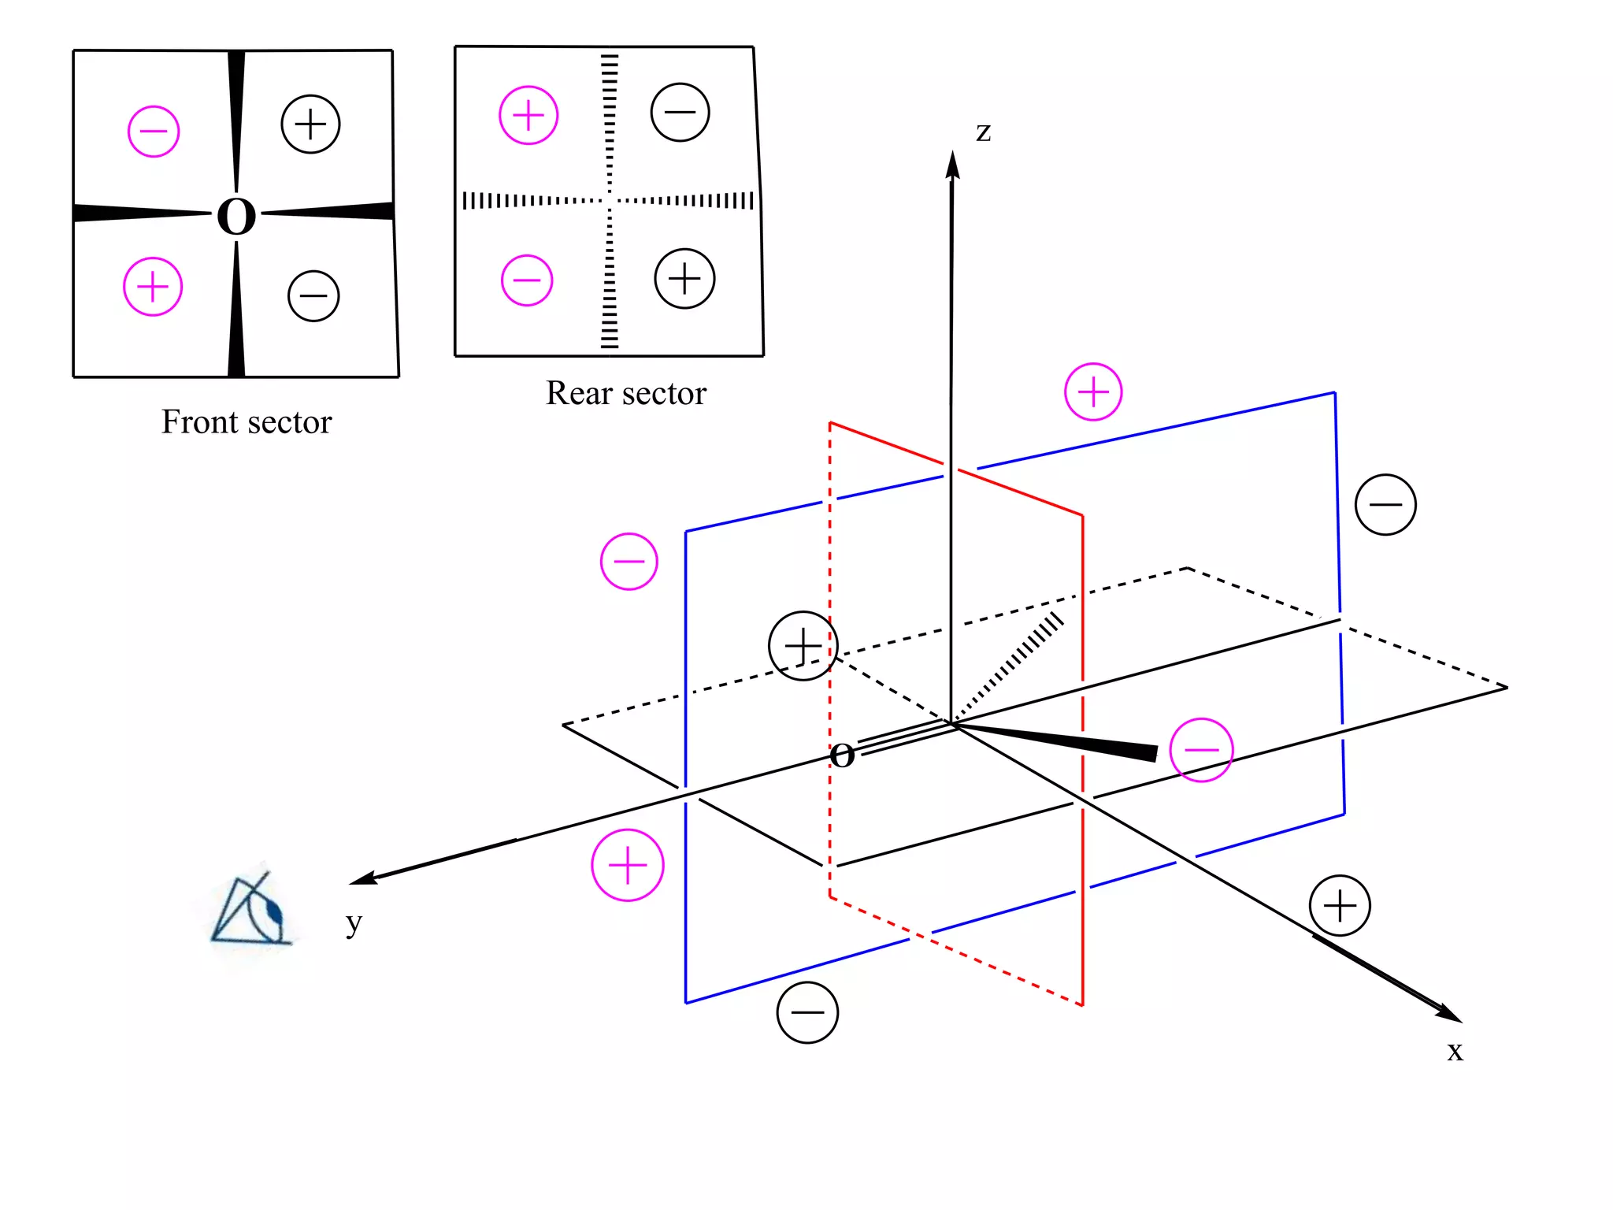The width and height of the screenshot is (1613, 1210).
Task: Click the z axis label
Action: coord(983,132)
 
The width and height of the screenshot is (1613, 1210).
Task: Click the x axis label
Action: coord(1455,1052)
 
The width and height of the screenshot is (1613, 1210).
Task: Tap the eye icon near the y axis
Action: coord(250,910)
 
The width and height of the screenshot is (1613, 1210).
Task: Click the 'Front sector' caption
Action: coord(247,422)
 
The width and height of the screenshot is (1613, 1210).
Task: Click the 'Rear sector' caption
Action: coord(626,393)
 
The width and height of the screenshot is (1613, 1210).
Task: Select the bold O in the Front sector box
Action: coord(236,216)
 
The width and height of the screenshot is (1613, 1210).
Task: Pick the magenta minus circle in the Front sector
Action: coord(154,132)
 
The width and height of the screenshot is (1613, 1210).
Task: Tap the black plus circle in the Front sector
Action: coord(310,124)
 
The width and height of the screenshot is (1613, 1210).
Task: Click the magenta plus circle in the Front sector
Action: coord(153,287)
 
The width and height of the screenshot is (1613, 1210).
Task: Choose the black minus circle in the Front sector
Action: coord(313,296)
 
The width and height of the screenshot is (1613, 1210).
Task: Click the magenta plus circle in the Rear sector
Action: coord(528,116)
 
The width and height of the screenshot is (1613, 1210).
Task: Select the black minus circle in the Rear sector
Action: coord(680,112)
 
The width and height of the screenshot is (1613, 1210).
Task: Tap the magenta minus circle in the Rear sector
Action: coord(527,280)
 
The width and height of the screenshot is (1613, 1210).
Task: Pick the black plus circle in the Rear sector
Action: coord(684,279)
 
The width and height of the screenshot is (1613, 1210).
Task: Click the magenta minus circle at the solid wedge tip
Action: coord(1201,750)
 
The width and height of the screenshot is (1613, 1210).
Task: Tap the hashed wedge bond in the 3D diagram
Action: coord(1012,662)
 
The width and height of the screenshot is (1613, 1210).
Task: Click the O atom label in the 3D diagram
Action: coord(843,755)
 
